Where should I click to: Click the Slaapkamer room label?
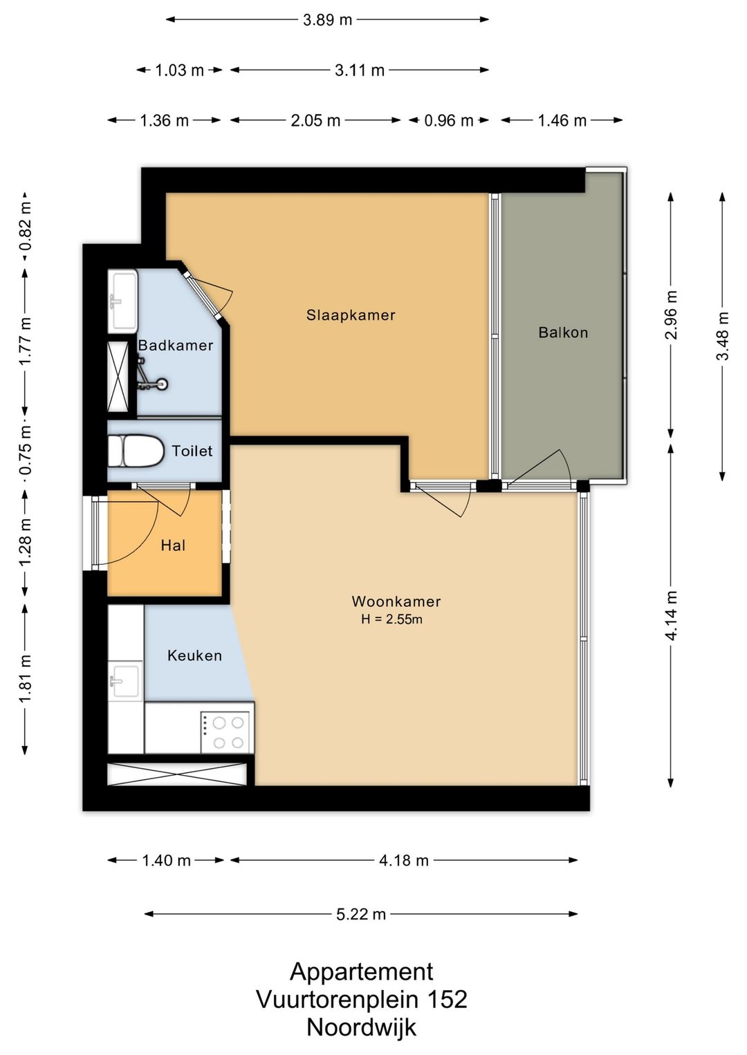pyautogui.click(x=351, y=315)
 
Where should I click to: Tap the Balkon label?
pyautogui.click(x=563, y=333)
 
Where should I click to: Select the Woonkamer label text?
pyautogui.click(x=396, y=601)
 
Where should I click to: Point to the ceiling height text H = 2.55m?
pyautogui.click(x=391, y=619)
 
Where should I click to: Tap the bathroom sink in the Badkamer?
pyautogui.click(x=123, y=300)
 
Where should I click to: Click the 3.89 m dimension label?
pyautogui.click(x=328, y=20)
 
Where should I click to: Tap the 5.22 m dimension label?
pyautogui.click(x=361, y=914)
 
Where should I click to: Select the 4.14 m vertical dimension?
pyautogui.click(x=671, y=615)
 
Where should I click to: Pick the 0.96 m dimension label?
pyautogui.click(x=449, y=120)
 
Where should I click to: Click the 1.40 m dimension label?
pyautogui.click(x=167, y=861)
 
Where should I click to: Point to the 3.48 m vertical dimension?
pyautogui.click(x=723, y=336)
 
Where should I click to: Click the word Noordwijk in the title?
pyautogui.click(x=362, y=1027)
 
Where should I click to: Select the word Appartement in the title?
pyautogui.click(x=362, y=971)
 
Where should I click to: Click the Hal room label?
pyautogui.click(x=173, y=545)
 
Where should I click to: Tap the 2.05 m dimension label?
pyautogui.click(x=315, y=120)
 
